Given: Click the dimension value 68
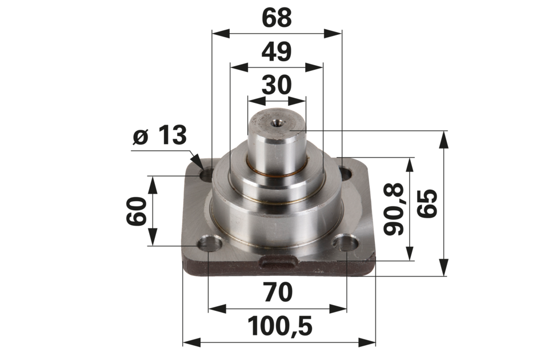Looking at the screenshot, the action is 277,18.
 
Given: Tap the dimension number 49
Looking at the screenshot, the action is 277,51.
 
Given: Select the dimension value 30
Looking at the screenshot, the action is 277,85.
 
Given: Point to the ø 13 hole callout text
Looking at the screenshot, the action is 159,135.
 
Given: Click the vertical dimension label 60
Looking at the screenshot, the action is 137,211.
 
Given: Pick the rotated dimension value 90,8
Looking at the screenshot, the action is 394,209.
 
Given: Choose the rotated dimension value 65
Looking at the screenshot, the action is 427,203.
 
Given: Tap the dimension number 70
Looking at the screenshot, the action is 278,292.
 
